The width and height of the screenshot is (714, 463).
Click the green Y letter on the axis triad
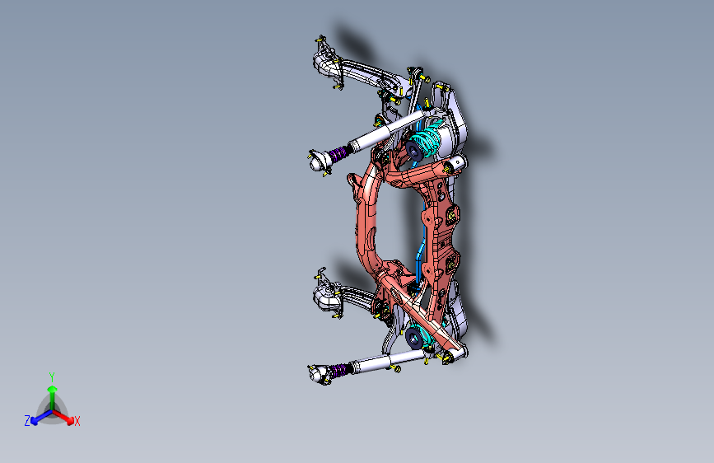(51, 375)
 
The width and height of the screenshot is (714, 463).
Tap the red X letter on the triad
(77, 422)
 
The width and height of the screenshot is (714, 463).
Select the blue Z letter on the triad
(27, 421)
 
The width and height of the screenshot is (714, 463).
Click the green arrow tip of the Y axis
(52, 388)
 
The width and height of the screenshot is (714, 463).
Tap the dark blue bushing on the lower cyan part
(413, 337)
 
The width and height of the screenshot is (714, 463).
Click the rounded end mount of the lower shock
(315, 376)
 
